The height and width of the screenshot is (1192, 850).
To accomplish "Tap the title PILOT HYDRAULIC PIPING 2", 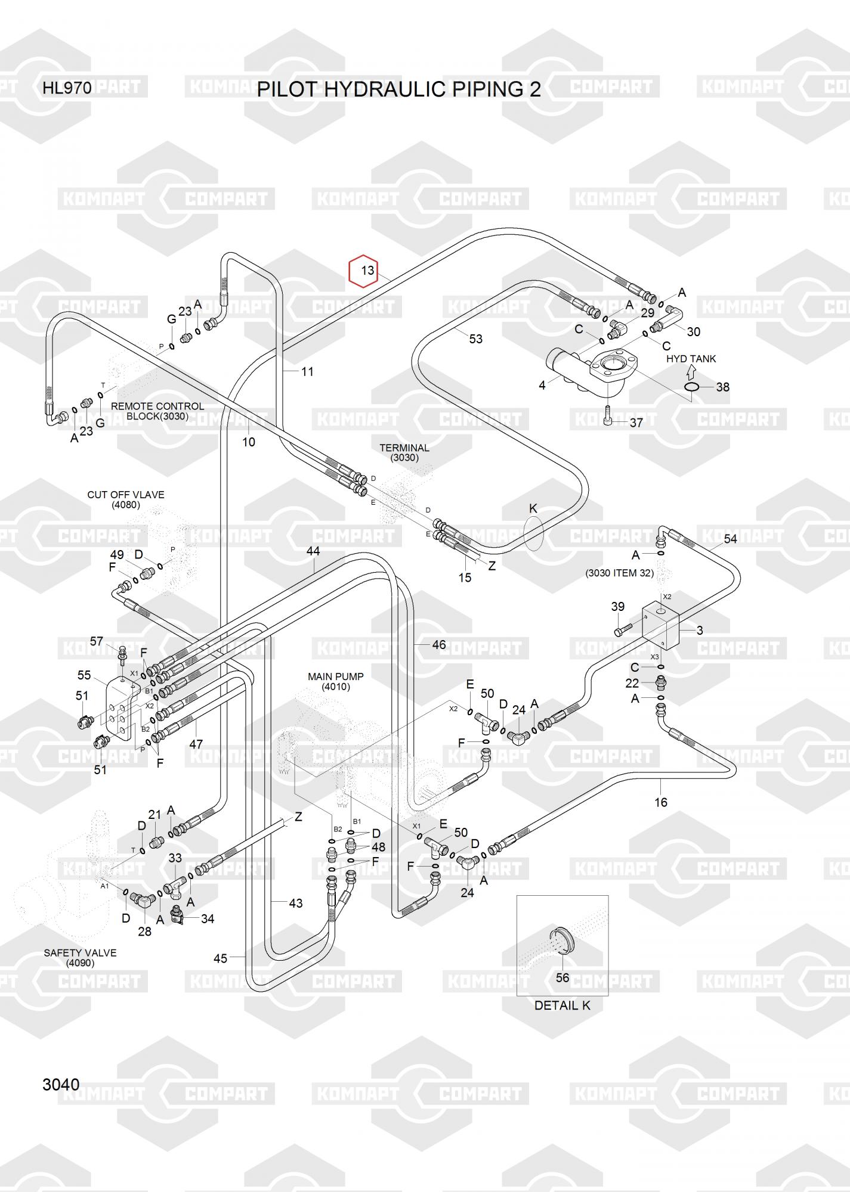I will [x=398, y=89].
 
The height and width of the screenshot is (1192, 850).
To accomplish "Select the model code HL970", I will [x=67, y=88].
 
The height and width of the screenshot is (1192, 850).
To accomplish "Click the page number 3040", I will [x=61, y=1084].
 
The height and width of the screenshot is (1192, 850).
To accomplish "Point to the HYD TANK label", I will [x=691, y=359].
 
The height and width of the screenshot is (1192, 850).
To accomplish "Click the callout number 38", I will [x=722, y=387].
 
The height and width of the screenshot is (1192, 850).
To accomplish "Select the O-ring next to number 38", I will [x=691, y=387].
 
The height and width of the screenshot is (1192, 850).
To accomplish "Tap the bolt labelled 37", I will [x=608, y=415].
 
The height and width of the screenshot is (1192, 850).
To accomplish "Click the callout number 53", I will [x=475, y=339].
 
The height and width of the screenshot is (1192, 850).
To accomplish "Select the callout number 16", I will [x=660, y=802].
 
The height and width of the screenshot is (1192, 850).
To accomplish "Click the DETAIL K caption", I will [x=562, y=1005].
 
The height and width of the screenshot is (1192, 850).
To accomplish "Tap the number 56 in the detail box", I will [x=562, y=977].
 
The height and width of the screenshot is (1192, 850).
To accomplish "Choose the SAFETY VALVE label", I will [x=80, y=958].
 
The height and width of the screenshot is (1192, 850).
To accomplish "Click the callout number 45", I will [x=220, y=958].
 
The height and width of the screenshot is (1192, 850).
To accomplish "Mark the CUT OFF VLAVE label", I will [x=125, y=499].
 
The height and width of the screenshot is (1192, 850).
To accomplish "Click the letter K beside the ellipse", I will [x=533, y=508].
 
